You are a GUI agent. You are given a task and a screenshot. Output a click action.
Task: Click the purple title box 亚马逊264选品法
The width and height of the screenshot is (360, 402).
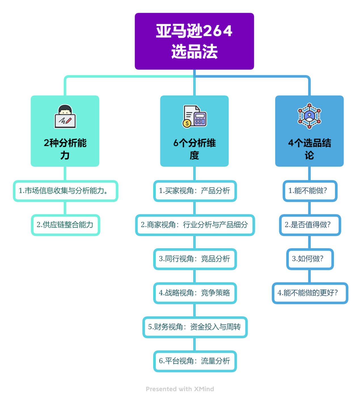click(194, 41)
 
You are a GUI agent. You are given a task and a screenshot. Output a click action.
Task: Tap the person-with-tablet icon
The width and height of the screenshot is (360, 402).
click(65, 117)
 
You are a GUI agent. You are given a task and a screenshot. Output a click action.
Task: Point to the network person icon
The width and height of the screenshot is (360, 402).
click(309, 116)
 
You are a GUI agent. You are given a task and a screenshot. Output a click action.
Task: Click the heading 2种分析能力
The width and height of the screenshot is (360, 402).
click(65, 149)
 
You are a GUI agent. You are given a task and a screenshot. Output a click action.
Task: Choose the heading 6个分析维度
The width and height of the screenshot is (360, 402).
click(194, 149)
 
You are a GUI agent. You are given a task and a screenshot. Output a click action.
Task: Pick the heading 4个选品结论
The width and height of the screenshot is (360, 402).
click(309, 149)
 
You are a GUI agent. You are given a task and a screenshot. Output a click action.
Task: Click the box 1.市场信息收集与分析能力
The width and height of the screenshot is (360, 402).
click(65, 191)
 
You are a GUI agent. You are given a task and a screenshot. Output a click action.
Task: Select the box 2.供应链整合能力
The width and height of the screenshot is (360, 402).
click(65, 225)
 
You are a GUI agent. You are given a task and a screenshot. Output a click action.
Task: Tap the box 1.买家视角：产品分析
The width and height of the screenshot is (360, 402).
click(195, 191)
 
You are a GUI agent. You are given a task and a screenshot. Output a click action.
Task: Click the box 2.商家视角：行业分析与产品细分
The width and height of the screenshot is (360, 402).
click(195, 225)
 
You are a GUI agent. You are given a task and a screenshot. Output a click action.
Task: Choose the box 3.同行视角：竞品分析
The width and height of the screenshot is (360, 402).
click(195, 259)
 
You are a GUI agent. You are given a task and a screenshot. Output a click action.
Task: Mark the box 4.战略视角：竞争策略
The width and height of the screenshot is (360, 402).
click(195, 293)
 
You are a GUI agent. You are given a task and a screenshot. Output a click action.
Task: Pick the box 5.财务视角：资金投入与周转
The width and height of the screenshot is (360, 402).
click(195, 327)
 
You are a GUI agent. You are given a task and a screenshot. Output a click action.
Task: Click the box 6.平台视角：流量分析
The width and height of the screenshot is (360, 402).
click(195, 361)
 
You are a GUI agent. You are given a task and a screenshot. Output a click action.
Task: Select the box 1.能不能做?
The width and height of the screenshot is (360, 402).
click(310, 191)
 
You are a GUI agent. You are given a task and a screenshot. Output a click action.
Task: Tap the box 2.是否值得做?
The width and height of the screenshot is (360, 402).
click(310, 225)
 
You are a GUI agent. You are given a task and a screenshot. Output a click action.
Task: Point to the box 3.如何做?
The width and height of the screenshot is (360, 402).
click(310, 259)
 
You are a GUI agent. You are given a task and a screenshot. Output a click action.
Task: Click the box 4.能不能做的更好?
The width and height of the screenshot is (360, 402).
click(310, 293)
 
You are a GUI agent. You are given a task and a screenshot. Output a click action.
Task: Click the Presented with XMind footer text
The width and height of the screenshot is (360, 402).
click(180, 389)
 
